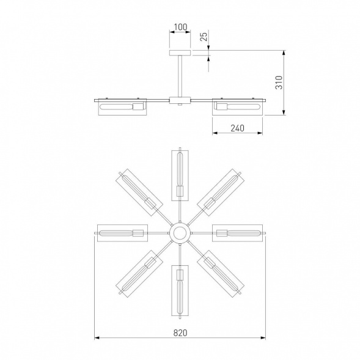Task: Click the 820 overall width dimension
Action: (180, 332)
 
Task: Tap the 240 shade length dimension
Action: (237, 128)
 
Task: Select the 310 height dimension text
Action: (279, 83)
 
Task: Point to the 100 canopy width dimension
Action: (180, 27)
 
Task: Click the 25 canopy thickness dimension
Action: (204, 37)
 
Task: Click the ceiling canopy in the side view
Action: (180, 53)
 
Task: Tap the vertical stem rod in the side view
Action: (180, 76)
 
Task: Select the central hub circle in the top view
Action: (180, 233)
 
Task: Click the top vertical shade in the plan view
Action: (180, 175)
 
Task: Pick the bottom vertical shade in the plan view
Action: (180, 290)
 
